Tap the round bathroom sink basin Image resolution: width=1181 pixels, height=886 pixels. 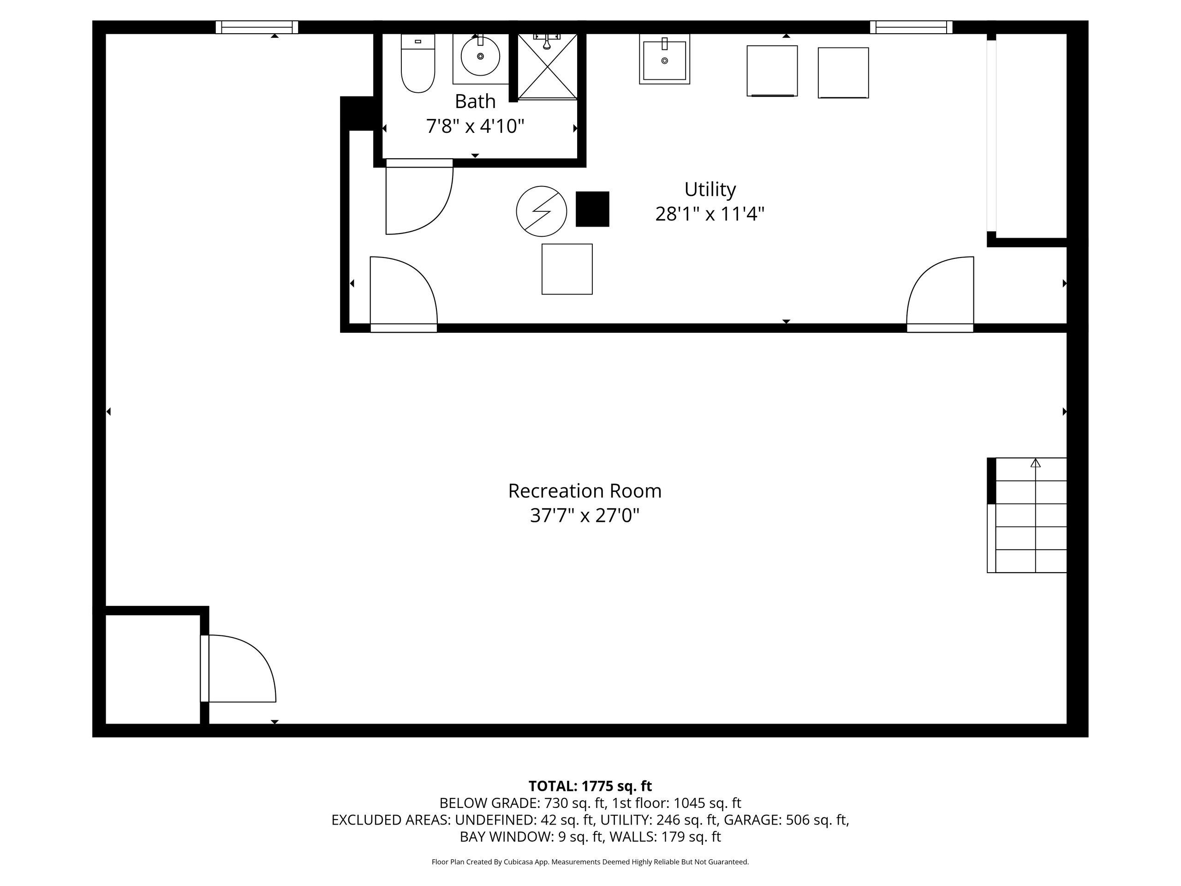[481, 56]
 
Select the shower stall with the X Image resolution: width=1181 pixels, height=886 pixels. [548, 67]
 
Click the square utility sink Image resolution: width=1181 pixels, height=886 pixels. [665, 59]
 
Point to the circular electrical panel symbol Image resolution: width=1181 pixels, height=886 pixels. [542, 211]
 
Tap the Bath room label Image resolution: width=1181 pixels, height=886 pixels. [475, 101]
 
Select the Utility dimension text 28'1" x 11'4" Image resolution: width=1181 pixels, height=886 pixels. [710, 214]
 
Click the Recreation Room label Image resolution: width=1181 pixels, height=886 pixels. [585, 491]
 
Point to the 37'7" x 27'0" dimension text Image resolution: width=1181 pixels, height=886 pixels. [585, 516]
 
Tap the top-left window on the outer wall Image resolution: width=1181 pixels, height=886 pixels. [257, 27]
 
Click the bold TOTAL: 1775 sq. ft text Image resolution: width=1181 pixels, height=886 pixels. [590, 786]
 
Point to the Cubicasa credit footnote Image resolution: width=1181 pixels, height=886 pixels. [590, 862]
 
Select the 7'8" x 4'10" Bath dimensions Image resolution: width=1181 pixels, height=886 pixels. [475, 126]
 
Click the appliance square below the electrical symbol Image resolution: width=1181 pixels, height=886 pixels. [567, 269]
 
